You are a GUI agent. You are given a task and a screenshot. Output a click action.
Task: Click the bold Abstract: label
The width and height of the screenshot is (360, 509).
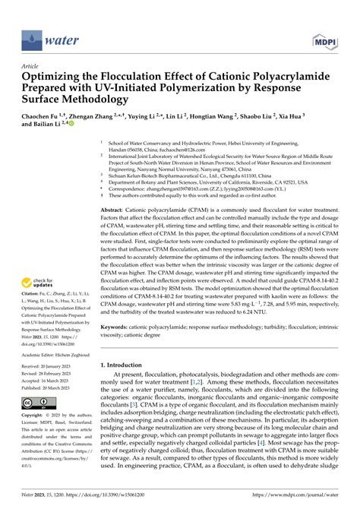(x=114, y=209)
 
